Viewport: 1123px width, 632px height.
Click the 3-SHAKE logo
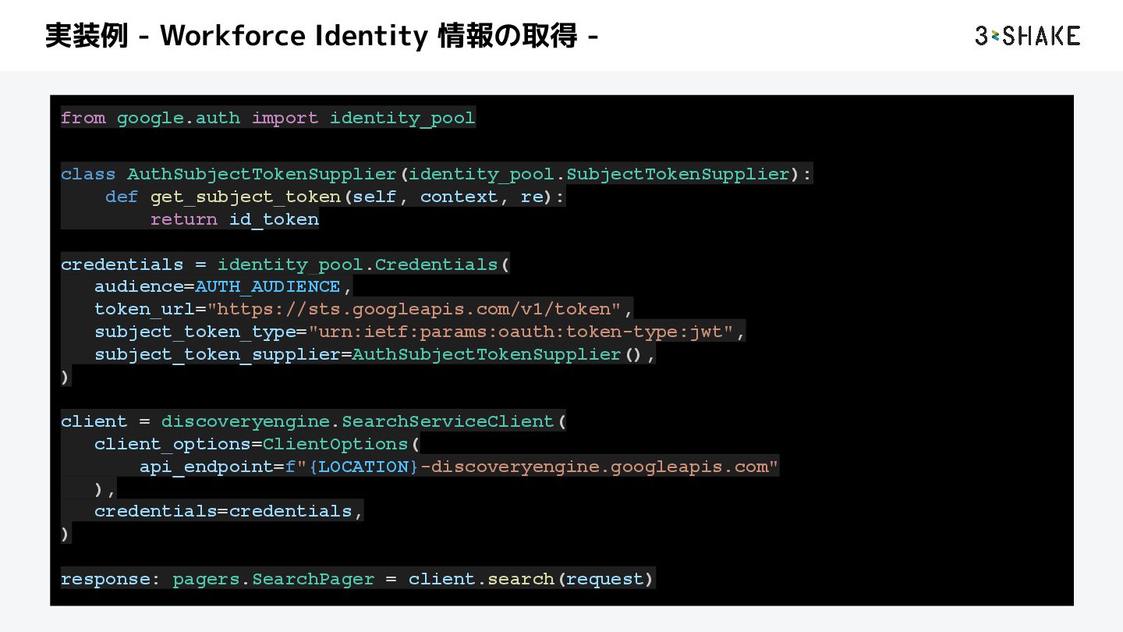coord(1027,36)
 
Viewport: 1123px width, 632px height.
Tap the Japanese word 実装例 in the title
coord(86,36)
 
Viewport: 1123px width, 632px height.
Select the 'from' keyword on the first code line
coord(83,118)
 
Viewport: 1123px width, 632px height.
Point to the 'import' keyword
coord(285,118)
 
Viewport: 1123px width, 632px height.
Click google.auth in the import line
coord(179,118)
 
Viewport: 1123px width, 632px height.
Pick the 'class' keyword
coord(88,174)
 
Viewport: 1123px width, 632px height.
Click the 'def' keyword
coord(122,197)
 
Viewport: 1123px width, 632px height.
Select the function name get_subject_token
coord(246,197)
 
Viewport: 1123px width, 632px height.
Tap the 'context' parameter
coord(459,197)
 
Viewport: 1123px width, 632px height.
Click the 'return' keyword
coord(184,219)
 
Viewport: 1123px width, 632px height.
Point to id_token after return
coord(274,219)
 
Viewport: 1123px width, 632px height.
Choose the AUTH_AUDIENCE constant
coord(268,286)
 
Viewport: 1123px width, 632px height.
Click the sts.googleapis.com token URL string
coord(414,309)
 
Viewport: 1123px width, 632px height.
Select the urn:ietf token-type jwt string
coord(521,332)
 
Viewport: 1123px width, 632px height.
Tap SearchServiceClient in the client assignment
coord(448,421)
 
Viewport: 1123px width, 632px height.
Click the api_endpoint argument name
coord(206,467)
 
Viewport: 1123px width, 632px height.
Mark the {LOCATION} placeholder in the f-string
coord(363,467)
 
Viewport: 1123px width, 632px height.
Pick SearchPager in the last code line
coord(313,579)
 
